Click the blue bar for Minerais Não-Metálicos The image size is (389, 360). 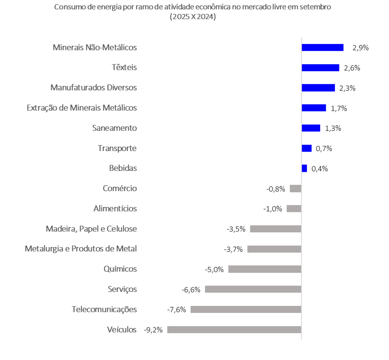click(322, 47)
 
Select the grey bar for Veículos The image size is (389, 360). click(234, 330)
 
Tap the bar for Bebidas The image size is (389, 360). click(304, 168)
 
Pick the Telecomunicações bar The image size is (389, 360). click(245, 309)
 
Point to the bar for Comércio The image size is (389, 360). click(295, 189)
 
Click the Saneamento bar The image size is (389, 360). click(311, 128)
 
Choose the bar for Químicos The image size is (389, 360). click(264, 269)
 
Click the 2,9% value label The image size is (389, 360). click(360, 48)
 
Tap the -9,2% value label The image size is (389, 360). click(153, 330)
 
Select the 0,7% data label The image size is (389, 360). click(324, 149)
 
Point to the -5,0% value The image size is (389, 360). click(214, 269)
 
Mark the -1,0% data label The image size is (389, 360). click(273, 209)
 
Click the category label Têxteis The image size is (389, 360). click(124, 68)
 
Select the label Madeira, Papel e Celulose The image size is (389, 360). click(91, 229)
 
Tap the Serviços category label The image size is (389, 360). click(122, 289)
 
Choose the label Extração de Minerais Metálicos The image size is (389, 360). click(82, 108)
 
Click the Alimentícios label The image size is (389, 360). click(115, 208)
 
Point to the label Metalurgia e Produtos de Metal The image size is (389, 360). click(81, 249)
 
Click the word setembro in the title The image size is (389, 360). click(318, 7)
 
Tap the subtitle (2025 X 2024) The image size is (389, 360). click(193, 17)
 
